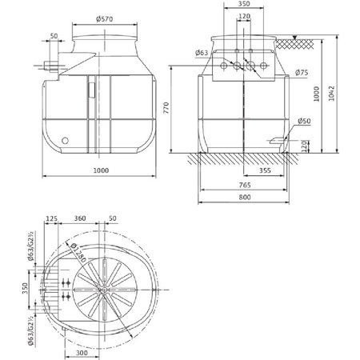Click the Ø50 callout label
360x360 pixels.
303,122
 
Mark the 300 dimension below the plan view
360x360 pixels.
81,352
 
